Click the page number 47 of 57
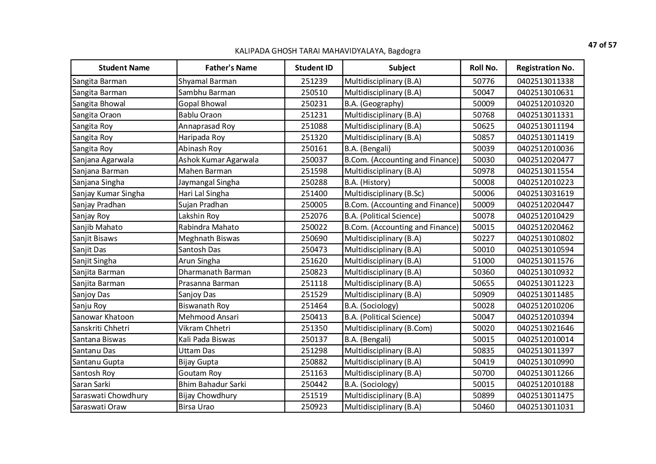tap(602, 45)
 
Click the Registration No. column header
tap(545, 68)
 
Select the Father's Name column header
tap(231, 68)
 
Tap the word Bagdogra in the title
tap(404, 51)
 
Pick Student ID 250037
tap(314, 160)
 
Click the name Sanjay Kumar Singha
tap(108, 193)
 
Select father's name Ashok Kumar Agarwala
tap(218, 160)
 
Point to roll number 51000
tap(483, 261)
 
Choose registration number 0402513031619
tap(545, 193)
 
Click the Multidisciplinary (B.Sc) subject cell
tap(384, 193)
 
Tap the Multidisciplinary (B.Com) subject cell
tap(388, 328)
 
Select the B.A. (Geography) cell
tap(374, 104)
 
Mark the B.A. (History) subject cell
tap(367, 182)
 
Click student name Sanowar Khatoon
tap(103, 317)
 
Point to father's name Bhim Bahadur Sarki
tap(212, 384)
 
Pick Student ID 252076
tap(314, 216)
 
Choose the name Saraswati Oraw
tap(99, 407)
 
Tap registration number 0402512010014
tap(545, 339)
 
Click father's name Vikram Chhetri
tap(204, 328)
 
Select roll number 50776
tap(483, 81)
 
